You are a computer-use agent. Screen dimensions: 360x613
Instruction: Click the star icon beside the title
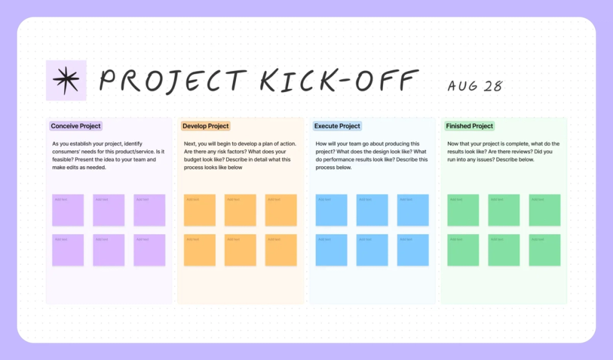pyautogui.click(x=66, y=80)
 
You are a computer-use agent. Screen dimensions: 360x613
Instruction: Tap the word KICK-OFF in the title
pyautogui.click(x=339, y=81)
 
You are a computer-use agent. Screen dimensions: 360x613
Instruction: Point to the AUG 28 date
pyautogui.click(x=474, y=86)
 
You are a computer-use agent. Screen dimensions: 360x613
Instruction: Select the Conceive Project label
pyautogui.click(x=76, y=126)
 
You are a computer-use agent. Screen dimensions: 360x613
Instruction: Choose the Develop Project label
pyautogui.click(x=205, y=126)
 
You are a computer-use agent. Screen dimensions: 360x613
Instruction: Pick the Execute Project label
pyautogui.click(x=337, y=126)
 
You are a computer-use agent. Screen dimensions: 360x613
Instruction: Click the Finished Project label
pyautogui.click(x=470, y=126)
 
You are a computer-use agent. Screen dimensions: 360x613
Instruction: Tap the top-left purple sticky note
pyautogui.click(x=68, y=210)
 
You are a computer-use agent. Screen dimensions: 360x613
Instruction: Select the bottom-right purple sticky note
pyautogui.click(x=150, y=250)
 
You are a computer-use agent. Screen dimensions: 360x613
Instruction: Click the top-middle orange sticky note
pyautogui.click(x=240, y=210)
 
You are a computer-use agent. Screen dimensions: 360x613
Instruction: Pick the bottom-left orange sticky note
pyautogui.click(x=200, y=250)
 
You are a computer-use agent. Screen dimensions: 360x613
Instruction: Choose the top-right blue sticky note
pyautogui.click(x=413, y=210)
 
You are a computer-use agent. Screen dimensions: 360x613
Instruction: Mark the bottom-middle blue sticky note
pyautogui.click(x=372, y=250)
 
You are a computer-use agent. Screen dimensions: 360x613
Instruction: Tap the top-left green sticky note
pyautogui.click(x=463, y=210)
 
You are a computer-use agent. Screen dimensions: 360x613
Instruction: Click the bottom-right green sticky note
pyautogui.click(x=544, y=250)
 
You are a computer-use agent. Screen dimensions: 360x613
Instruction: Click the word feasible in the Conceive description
pyautogui.click(x=64, y=159)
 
